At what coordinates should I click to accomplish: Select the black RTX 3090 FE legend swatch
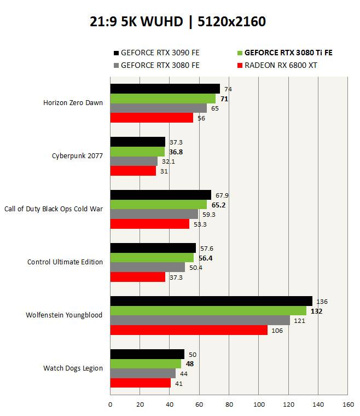(115, 53)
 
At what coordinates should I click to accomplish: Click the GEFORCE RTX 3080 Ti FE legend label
(288, 53)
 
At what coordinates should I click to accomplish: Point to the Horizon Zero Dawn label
(73, 103)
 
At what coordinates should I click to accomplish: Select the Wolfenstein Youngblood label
(64, 315)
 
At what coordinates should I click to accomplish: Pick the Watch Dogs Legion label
(73, 368)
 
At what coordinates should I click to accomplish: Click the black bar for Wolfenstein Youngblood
(211, 301)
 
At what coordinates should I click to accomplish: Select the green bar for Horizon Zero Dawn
(163, 99)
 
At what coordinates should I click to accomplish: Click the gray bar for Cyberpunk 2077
(134, 161)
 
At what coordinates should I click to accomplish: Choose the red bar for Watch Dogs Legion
(141, 383)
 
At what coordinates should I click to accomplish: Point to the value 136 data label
(322, 302)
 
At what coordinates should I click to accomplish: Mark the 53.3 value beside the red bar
(201, 224)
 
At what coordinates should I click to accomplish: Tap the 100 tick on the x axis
(259, 405)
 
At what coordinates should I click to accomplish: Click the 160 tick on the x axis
(347, 405)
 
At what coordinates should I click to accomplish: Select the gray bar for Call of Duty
(154, 215)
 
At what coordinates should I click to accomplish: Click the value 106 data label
(277, 331)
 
